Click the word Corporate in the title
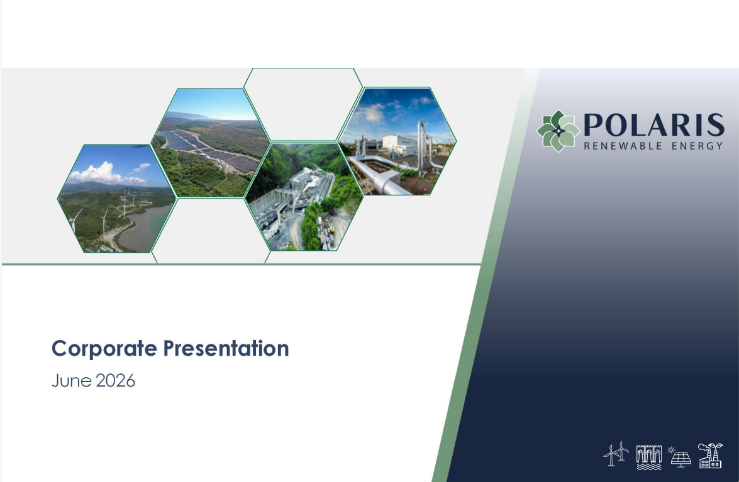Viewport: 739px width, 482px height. pos(104,349)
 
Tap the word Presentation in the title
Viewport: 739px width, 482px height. pos(226,349)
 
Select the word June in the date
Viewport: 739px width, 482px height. pos(70,381)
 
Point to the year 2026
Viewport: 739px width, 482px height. pos(114,381)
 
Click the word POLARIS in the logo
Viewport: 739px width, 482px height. pos(653,124)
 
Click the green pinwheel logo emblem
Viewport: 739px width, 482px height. pos(558,131)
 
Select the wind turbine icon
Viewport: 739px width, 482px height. pos(616,455)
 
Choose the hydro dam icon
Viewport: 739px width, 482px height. pos(648,457)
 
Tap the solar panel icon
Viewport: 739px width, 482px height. pos(680,457)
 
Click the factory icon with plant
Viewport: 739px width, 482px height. pos(710,455)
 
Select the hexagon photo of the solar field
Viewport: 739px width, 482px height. pos(210,143)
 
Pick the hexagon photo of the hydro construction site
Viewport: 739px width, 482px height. pos(304,197)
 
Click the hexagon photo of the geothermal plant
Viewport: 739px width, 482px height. pos(397,141)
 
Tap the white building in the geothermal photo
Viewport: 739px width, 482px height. pos(399,144)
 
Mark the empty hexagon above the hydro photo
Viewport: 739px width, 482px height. pos(304,104)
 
